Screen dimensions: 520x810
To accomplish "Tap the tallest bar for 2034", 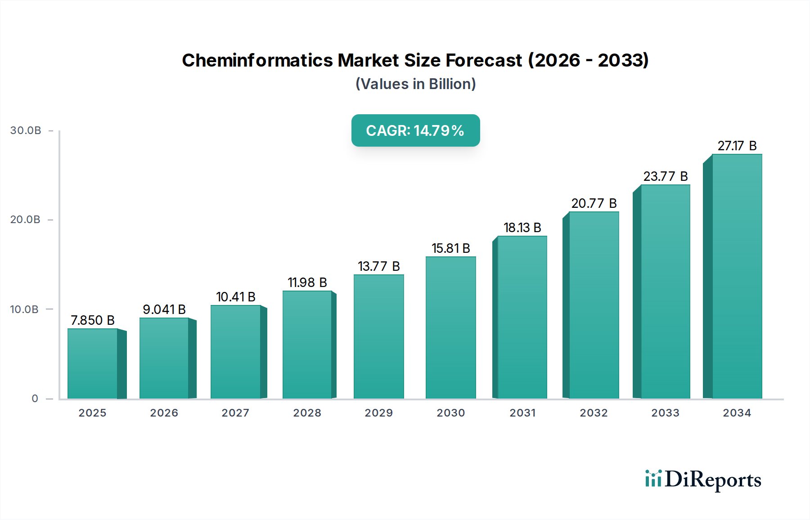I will [x=737, y=276].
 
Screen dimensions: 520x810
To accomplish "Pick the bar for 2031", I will [x=522, y=317].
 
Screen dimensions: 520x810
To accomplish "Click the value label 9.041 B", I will [x=164, y=309].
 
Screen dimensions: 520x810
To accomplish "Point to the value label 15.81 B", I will [x=450, y=248].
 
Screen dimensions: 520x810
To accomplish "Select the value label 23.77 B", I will [x=665, y=176].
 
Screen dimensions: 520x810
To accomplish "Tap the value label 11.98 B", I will [x=307, y=282].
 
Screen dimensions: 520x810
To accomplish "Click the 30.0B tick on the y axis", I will [x=26, y=130].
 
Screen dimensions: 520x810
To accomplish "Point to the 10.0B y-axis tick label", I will [x=24, y=309].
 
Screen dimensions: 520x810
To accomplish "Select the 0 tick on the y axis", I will [x=35, y=399].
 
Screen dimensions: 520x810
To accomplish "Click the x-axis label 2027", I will [x=235, y=413].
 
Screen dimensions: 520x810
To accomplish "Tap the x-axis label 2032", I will [x=594, y=413].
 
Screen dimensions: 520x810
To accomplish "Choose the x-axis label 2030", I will [x=450, y=413].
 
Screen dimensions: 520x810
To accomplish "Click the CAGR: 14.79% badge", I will [x=415, y=130].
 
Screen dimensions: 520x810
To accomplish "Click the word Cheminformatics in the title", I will [x=257, y=60].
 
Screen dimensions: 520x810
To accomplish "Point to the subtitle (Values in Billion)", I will [x=415, y=84].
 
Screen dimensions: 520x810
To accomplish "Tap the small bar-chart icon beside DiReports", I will [x=653, y=479].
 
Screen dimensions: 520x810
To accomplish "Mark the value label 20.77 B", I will [x=594, y=203].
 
